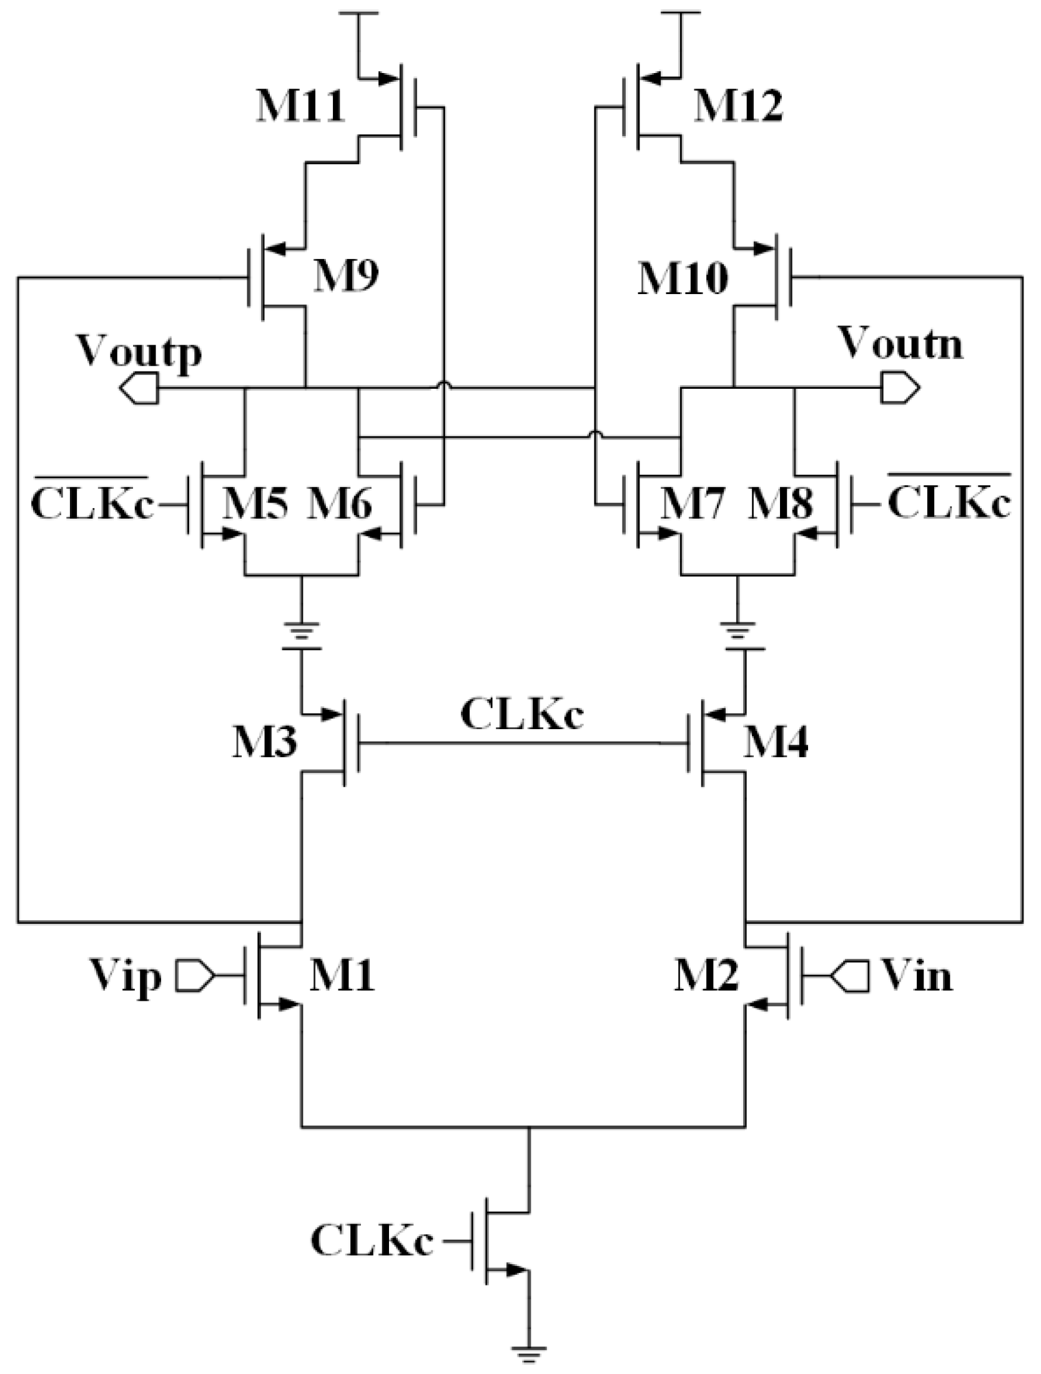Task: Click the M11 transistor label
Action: (x=300, y=107)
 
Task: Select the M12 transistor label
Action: (x=738, y=107)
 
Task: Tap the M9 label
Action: (x=345, y=276)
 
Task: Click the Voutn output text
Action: (x=900, y=344)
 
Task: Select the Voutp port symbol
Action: (x=138, y=389)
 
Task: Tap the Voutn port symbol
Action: (x=900, y=389)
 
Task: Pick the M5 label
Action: (x=256, y=503)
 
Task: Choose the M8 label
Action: (x=781, y=503)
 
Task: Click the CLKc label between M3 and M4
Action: (x=522, y=715)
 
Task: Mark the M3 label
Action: (x=264, y=743)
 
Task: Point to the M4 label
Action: (x=775, y=743)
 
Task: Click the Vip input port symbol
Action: (x=194, y=975)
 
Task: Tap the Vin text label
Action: (x=917, y=976)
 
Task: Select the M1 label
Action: (x=342, y=975)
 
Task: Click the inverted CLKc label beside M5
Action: (x=92, y=503)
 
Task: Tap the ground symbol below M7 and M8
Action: (x=738, y=630)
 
